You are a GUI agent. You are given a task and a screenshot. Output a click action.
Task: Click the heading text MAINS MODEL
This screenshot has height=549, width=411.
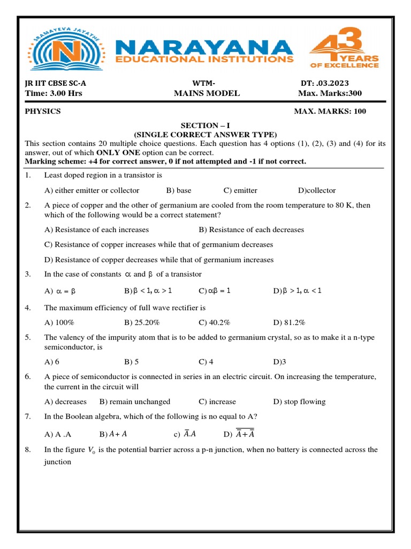(x=207, y=93)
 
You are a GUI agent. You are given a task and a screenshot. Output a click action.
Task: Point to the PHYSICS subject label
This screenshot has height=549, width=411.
(x=43, y=111)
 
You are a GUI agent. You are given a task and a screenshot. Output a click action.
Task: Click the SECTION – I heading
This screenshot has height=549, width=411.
(x=205, y=124)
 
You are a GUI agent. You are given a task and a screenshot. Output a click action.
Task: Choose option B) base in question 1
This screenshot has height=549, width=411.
(x=179, y=190)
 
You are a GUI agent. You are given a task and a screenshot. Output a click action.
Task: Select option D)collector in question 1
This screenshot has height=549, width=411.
(x=317, y=190)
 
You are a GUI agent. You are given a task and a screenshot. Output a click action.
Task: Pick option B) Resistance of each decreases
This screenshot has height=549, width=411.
(x=251, y=229)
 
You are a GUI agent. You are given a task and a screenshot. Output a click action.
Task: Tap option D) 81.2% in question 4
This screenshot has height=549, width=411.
(x=289, y=322)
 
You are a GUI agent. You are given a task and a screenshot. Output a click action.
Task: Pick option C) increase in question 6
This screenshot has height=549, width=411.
(x=217, y=402)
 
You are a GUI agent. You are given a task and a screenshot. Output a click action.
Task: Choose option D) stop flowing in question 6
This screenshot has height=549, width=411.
(x=299, y=402)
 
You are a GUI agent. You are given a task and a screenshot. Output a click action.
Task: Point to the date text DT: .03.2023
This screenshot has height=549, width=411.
(x=324, y=83)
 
